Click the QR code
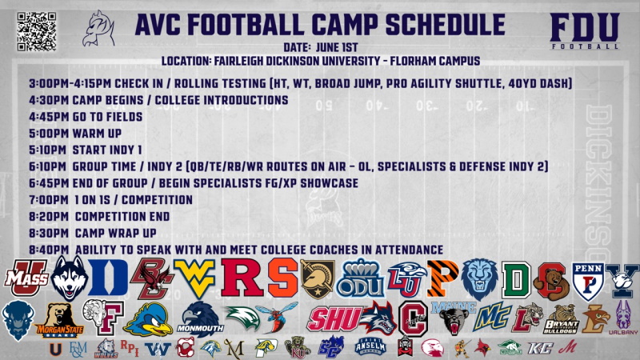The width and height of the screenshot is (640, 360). click(34, 30)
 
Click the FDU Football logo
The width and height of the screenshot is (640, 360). click(584, 32)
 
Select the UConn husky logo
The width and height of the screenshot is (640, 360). click(69, 278)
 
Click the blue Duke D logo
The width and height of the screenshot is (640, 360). click(112, 278)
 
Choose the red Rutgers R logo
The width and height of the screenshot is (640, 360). click(241, 278)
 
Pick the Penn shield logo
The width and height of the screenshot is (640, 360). click(585, 279)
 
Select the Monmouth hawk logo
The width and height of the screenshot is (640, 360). click(201, 318)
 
